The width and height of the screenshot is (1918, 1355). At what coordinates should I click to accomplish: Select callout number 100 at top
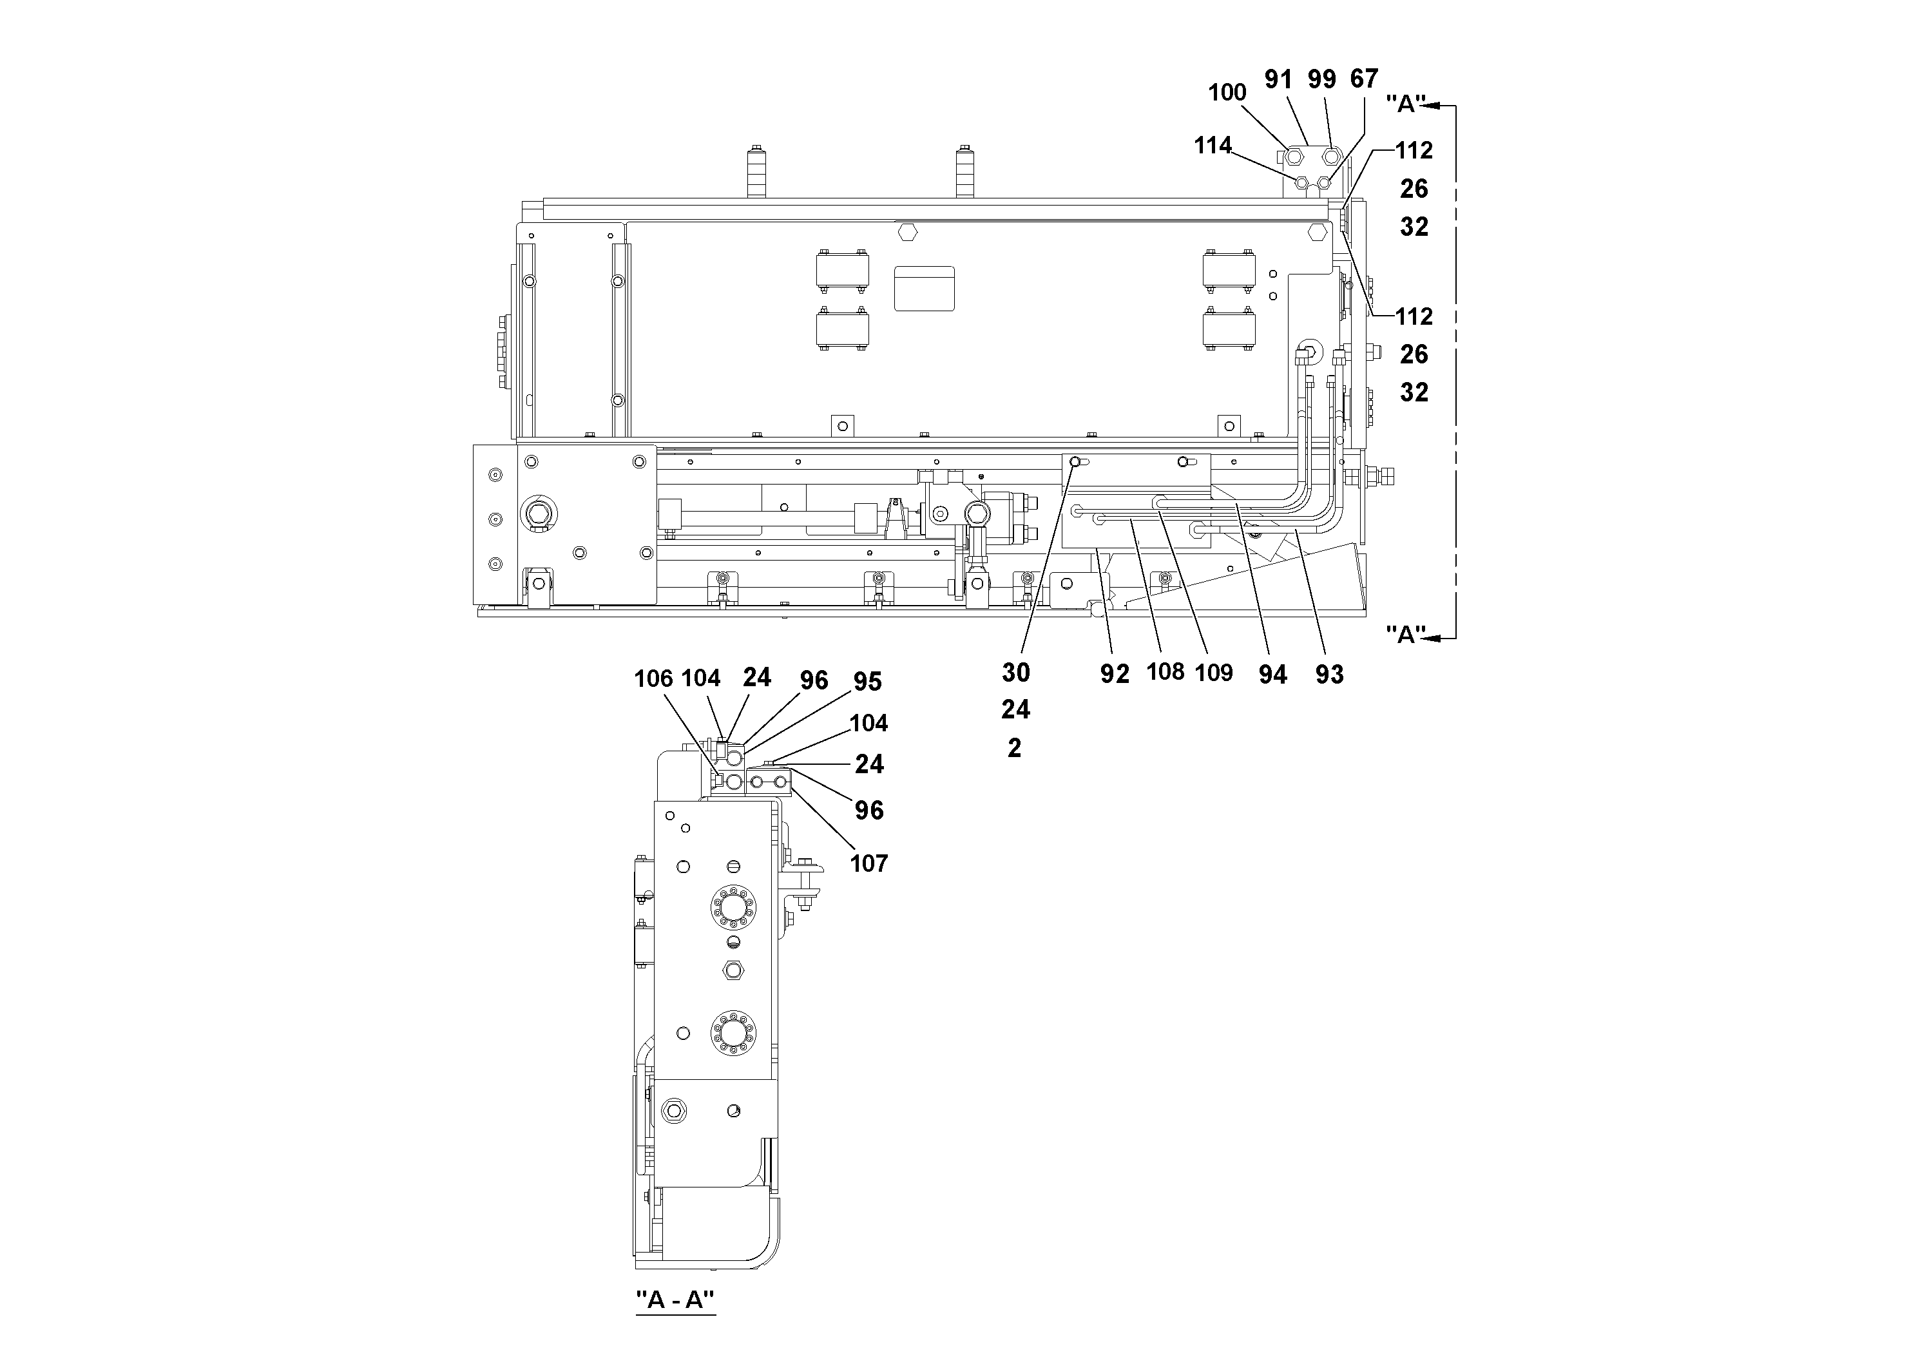tap(1226, 93)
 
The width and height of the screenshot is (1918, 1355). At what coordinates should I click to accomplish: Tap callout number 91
tap(1278, 79)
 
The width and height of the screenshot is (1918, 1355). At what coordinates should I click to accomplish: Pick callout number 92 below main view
tap(1115, 674)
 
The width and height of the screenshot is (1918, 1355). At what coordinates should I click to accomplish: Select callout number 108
tap(1165, 671)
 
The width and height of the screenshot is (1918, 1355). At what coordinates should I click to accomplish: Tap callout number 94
tap(1272, 674)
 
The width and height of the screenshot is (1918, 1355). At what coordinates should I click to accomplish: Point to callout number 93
tap(1329, 674)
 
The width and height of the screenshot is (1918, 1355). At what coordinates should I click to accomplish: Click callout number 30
tap(1016, 671)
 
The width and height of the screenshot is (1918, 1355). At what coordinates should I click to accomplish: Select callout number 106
tap(653, 678)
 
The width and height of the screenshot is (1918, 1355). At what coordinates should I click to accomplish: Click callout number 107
tap(868, 863)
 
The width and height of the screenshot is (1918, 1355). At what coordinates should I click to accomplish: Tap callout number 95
tap(867, 682)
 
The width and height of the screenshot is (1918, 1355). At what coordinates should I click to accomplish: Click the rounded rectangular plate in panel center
tap(924, 288)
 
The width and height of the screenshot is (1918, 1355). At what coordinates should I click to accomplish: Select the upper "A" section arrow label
tap(1405, 104)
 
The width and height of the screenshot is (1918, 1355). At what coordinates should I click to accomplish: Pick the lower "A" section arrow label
tap(1405, 634)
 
